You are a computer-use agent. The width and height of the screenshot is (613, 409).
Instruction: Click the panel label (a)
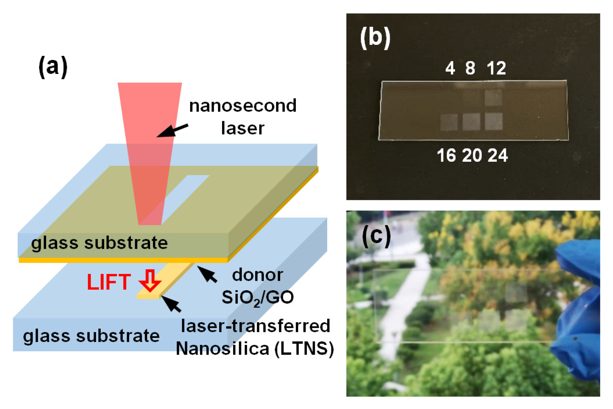tap(53, 67)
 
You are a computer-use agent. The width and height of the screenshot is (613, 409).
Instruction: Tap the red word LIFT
tap(108, 282)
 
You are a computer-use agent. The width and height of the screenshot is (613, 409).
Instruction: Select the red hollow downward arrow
tap(150, 280)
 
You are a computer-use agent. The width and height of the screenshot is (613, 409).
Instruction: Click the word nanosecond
tap(243, 105)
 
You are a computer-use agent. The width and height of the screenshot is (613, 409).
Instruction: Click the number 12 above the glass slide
tap(496, 68)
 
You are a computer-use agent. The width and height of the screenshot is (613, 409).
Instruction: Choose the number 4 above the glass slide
tap(450, 68)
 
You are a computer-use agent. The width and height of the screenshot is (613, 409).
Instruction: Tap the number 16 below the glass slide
tap(446, 156)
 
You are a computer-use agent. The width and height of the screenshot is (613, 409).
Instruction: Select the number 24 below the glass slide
tap(497, 156)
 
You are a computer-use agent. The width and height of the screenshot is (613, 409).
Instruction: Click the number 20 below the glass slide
tap(472, 156)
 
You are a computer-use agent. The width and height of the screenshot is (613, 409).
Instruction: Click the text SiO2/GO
tap(257, 298)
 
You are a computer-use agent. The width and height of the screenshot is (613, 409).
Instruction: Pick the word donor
tap(257, 275)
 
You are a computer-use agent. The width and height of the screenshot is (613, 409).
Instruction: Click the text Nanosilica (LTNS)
tap(255, 349)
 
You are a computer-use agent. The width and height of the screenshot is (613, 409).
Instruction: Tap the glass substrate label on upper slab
tap(99, 243)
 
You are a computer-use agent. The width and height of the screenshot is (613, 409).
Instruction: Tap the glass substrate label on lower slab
tap(91, 336)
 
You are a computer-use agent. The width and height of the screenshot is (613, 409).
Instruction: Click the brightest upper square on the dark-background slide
tap(493, 97)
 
